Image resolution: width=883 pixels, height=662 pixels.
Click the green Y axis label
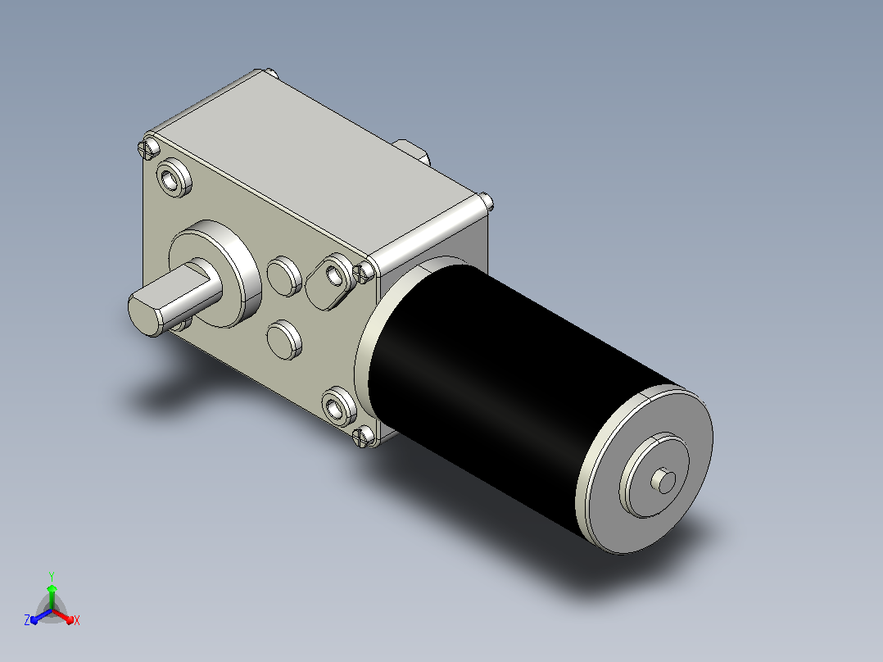(52, 576)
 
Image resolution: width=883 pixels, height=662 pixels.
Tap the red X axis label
(77, 620)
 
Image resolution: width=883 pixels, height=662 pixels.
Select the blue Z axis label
(26, 619)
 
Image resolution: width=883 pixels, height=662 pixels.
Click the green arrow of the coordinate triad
(52, 596)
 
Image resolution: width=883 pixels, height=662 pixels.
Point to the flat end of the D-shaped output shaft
(145, 315)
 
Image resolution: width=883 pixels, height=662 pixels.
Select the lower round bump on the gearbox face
(284, 340)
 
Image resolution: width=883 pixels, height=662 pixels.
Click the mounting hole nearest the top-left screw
(174, 178)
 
